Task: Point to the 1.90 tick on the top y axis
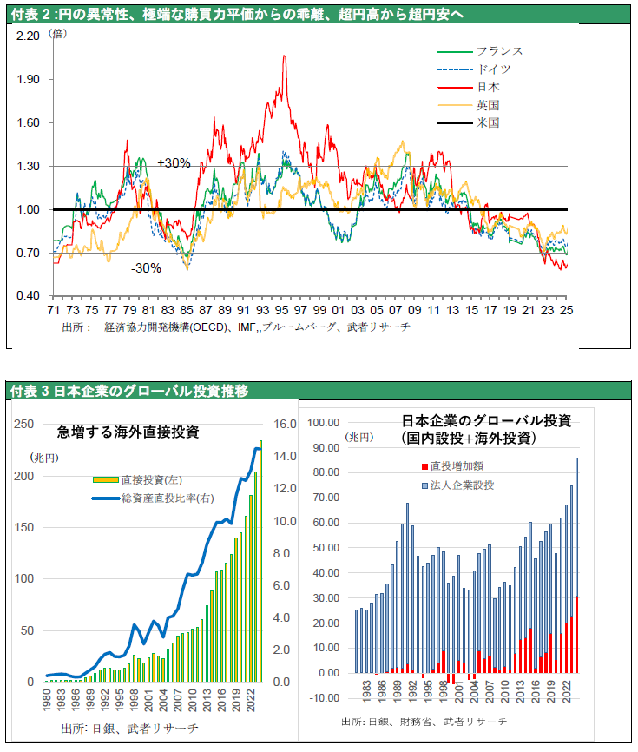tap(29, 79)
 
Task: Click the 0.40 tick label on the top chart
tap(29, 296)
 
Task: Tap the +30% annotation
tap(174, 162)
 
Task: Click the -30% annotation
tap(146, 268)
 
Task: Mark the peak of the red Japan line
tap(284, 56)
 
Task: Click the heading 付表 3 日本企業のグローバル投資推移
tap(130, 392)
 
